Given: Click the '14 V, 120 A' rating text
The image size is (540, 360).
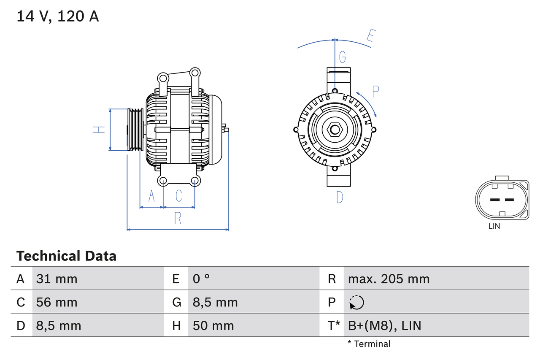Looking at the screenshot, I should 58,16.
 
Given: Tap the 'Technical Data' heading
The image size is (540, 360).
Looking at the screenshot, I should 66,256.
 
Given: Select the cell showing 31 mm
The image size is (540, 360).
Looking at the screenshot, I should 57,279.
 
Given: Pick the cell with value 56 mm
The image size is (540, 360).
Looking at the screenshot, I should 57,302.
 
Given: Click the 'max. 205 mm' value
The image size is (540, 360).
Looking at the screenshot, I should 389,279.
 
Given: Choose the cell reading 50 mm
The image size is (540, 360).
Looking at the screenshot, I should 213,325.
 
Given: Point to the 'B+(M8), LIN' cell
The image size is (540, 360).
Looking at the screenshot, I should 384,325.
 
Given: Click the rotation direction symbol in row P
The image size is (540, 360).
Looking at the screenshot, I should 356,302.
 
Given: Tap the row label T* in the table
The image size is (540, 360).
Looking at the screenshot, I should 334,325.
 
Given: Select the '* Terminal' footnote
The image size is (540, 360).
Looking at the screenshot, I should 369,344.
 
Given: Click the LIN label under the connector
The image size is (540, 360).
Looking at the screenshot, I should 494,226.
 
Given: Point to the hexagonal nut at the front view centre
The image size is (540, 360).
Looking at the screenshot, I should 335,130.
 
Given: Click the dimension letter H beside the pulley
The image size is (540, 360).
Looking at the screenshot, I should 99,130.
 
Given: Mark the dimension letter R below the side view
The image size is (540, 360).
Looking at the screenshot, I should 178,218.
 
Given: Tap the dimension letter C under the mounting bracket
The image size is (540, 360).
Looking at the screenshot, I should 179,196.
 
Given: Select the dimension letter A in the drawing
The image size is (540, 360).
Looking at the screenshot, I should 151,196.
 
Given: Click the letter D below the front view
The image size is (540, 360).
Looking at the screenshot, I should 340,197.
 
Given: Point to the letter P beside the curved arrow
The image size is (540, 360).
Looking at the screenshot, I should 375,91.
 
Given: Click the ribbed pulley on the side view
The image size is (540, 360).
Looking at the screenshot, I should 135,130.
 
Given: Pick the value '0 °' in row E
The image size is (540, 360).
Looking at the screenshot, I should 201,279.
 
